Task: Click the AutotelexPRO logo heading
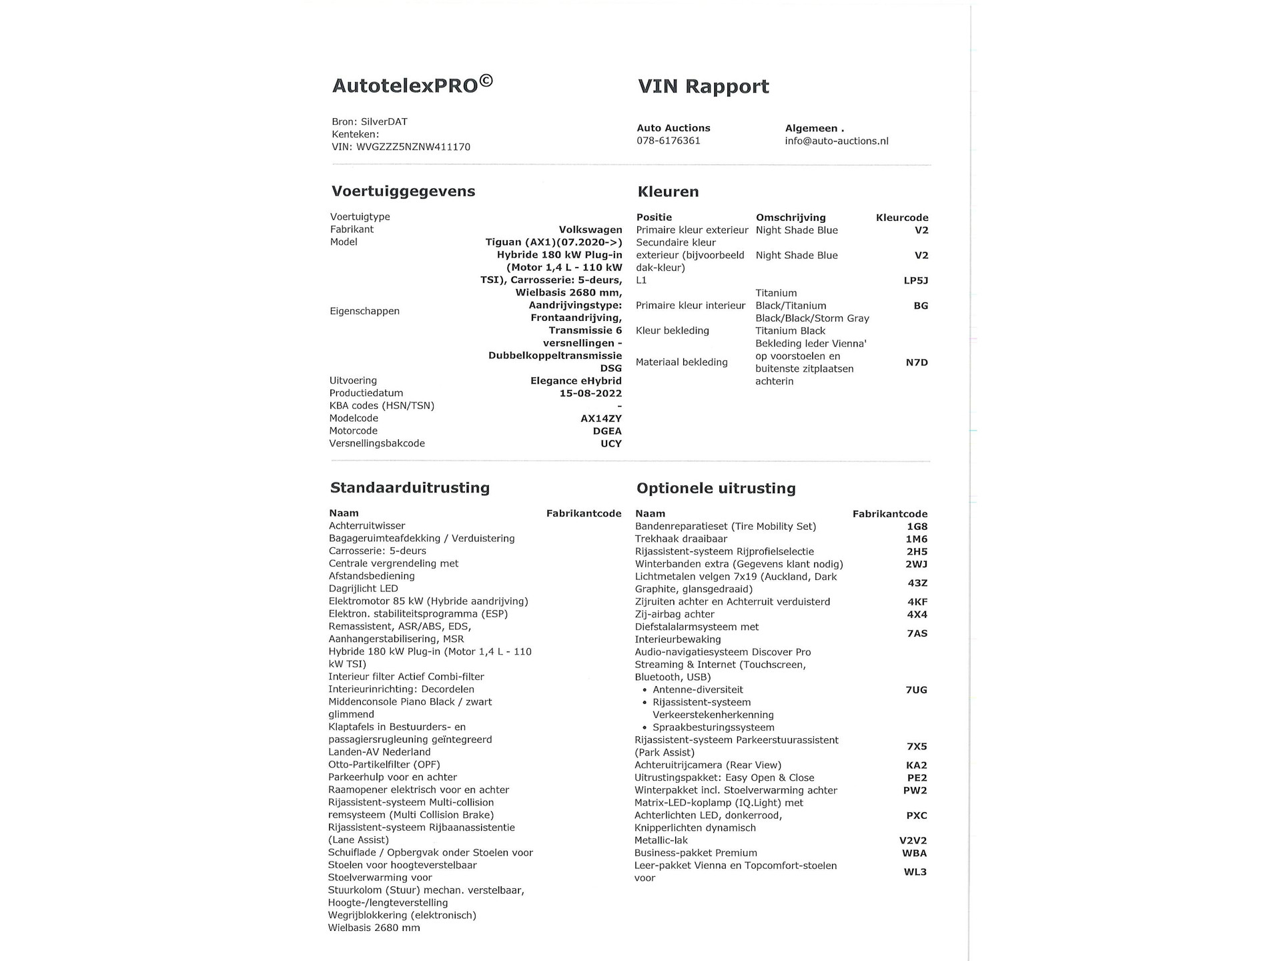coord(412,85)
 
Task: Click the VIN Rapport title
coord(703,86)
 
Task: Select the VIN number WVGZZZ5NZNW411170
coord(414,147)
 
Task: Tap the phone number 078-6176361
coord(668,141)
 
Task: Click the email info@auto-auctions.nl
coord(837,141)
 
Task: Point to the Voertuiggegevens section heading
coord(403,192)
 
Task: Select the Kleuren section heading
coord(668,192)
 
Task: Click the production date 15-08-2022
coord(590,393)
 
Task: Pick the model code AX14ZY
coord(600,418)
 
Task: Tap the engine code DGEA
coord(606,431)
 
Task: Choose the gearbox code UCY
coord(610,444)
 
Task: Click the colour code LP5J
coord(915,280)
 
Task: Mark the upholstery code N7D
coord(916,362)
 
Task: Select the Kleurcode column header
coord(901,218)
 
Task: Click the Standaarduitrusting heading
coord(410,488)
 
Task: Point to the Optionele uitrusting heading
coord(716,489)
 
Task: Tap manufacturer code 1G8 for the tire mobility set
coord(916,527)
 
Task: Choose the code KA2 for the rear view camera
coord(916,765)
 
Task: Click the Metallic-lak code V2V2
coord(913,841)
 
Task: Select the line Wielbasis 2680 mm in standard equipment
coord(374,928)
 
